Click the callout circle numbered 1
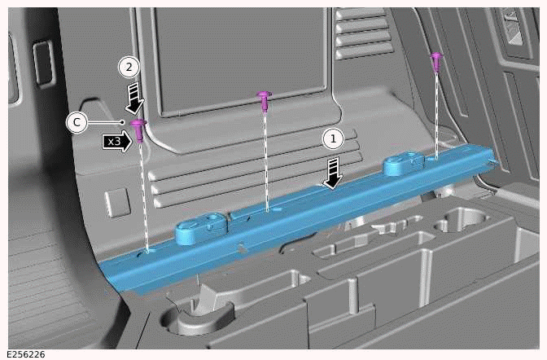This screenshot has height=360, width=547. tap(331, 138)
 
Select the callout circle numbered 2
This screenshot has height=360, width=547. tap(128, 67)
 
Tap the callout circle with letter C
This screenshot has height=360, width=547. tap(76, 122)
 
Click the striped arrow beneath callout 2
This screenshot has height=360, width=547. tap(135, 99)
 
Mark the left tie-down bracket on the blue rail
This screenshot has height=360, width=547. tap(204, 226)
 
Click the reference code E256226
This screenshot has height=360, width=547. tap(24, 353)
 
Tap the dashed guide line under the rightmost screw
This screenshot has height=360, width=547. tap(436, 114)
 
